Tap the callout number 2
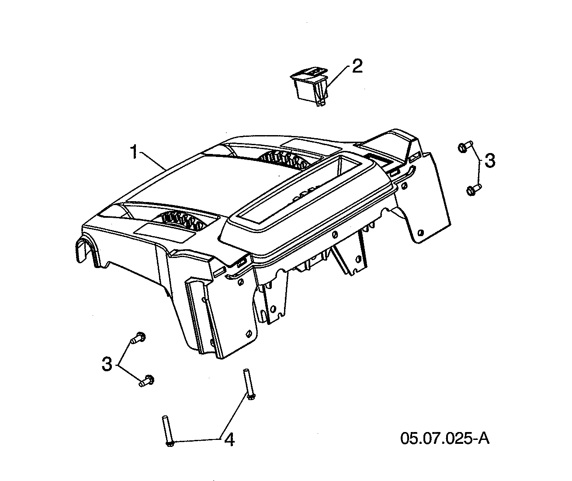pyautogui.click(x=357, y=67)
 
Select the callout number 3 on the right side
pyautogui.click(x=490, y=160)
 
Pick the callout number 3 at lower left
pyautogui.click(x=107, y=364)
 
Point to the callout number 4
pyautogui.click(x=229, y=439)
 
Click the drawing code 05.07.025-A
pyautogui.click(x=445, y=438)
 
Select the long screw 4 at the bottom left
pyautogui.click(x=168, y=431)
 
